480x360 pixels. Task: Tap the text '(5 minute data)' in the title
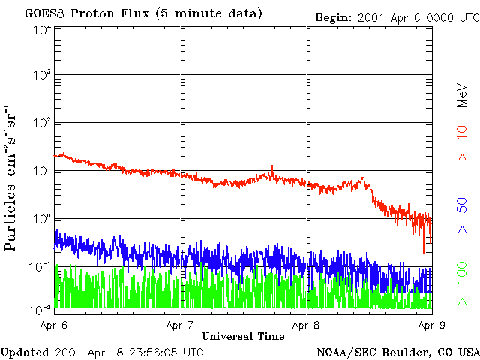pos(216,13)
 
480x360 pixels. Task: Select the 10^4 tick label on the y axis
pos(42,30)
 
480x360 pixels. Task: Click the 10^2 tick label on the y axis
pos(42,124)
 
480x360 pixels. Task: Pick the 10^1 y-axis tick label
pos(42,172)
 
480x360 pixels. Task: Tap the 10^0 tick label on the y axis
pos(42,220)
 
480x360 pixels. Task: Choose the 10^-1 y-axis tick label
pos(41,268)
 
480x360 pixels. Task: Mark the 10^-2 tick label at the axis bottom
pos(41,309)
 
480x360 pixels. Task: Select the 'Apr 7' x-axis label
pos(181,325)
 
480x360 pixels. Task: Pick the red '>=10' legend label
pos(463,144)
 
